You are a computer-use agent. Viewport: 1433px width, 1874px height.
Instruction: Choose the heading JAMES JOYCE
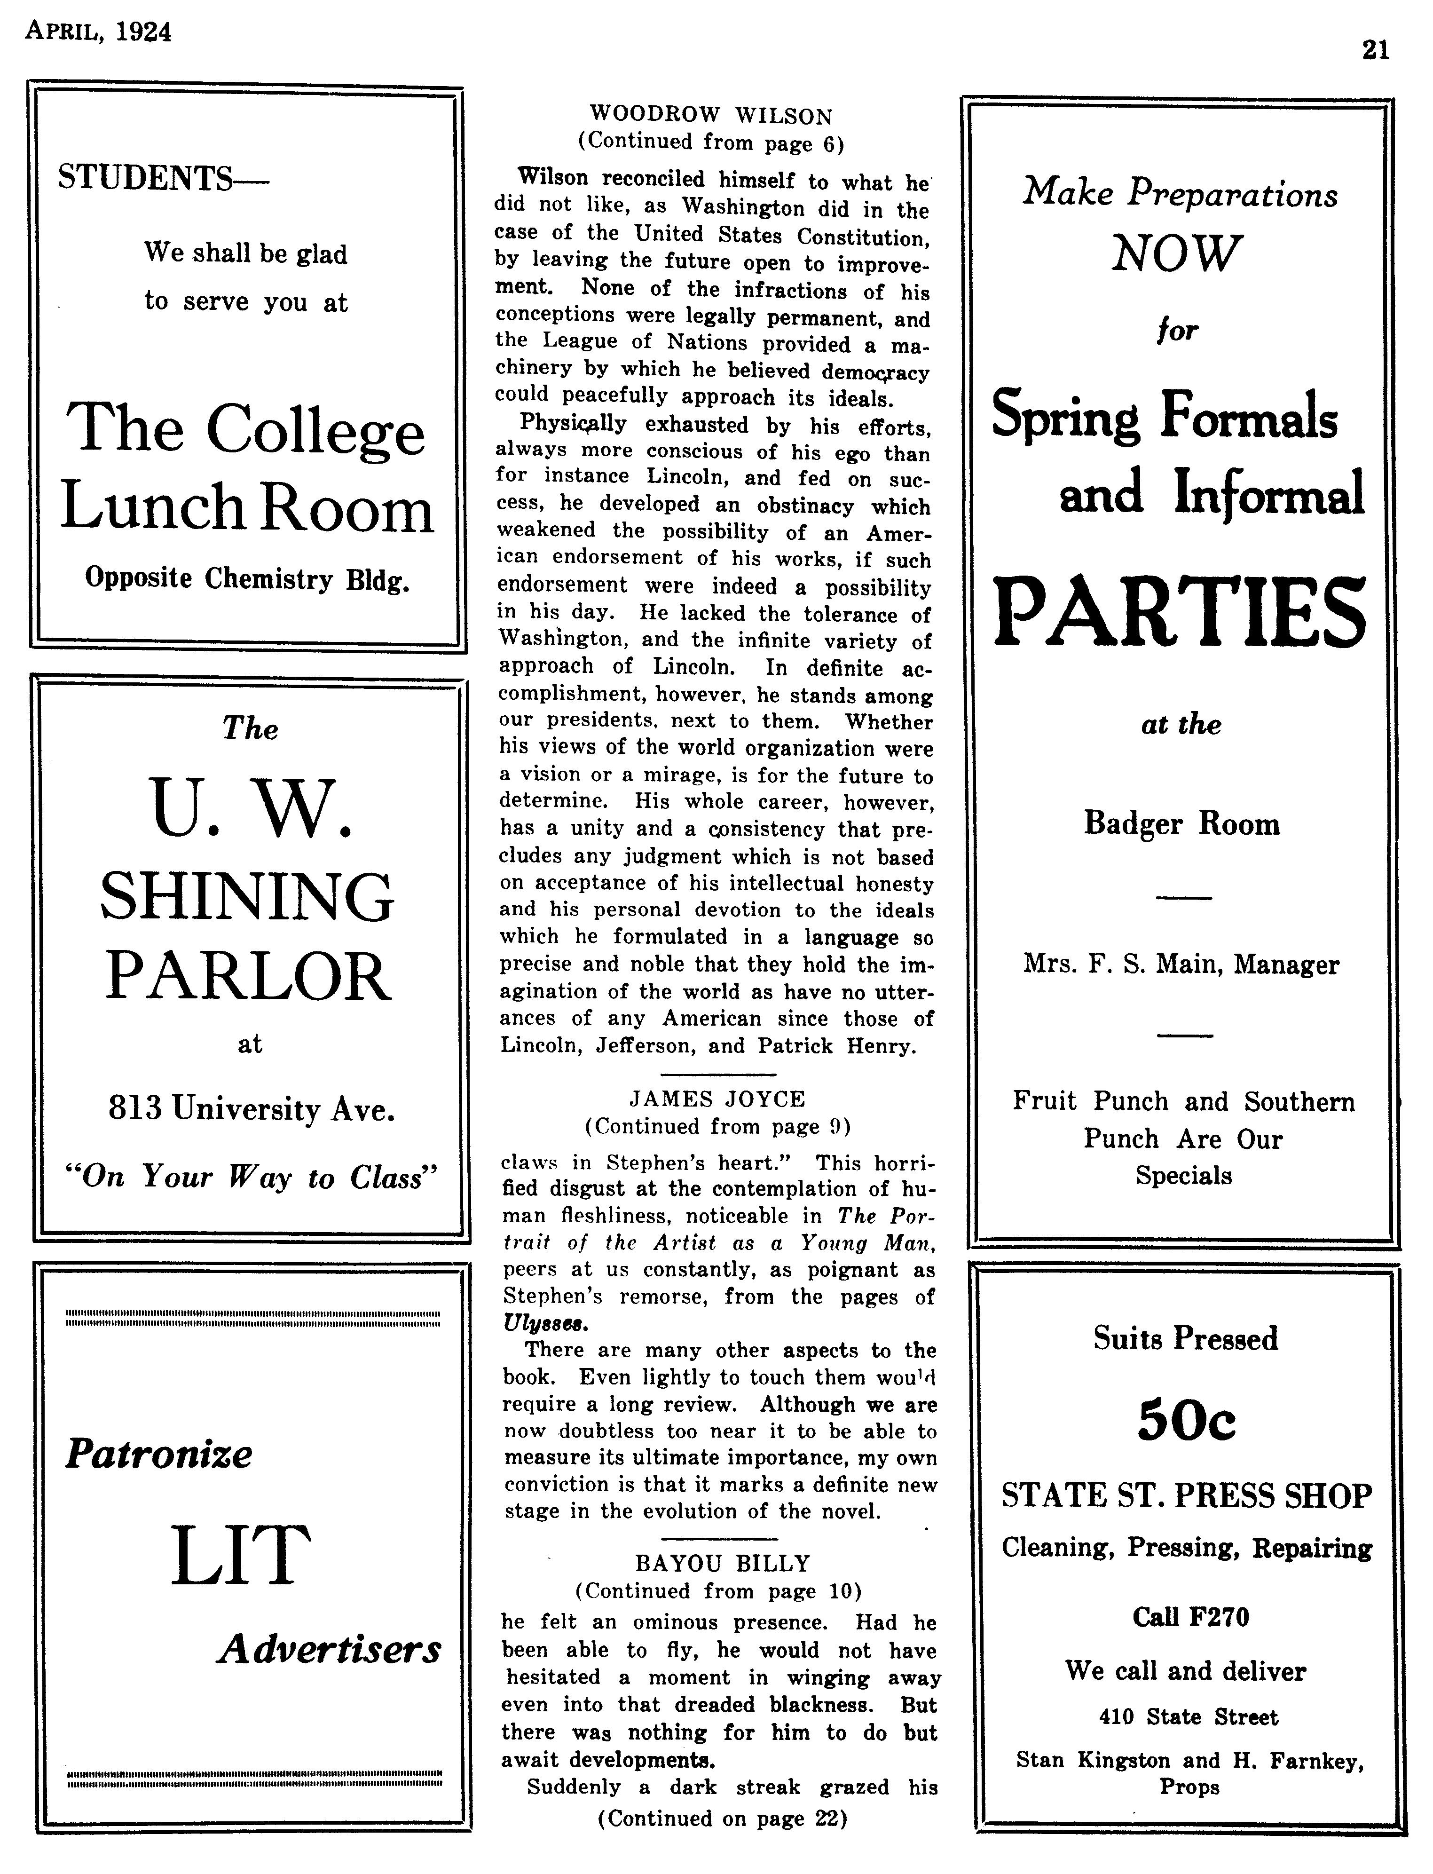(x=717, y=1099)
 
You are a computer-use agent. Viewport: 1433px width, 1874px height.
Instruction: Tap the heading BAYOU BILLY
(x=722, y=1563)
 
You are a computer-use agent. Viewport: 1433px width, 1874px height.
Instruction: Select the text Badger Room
(x=1181, y=824)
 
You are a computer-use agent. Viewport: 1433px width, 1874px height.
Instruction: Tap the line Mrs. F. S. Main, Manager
(x=1181, y=965)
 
